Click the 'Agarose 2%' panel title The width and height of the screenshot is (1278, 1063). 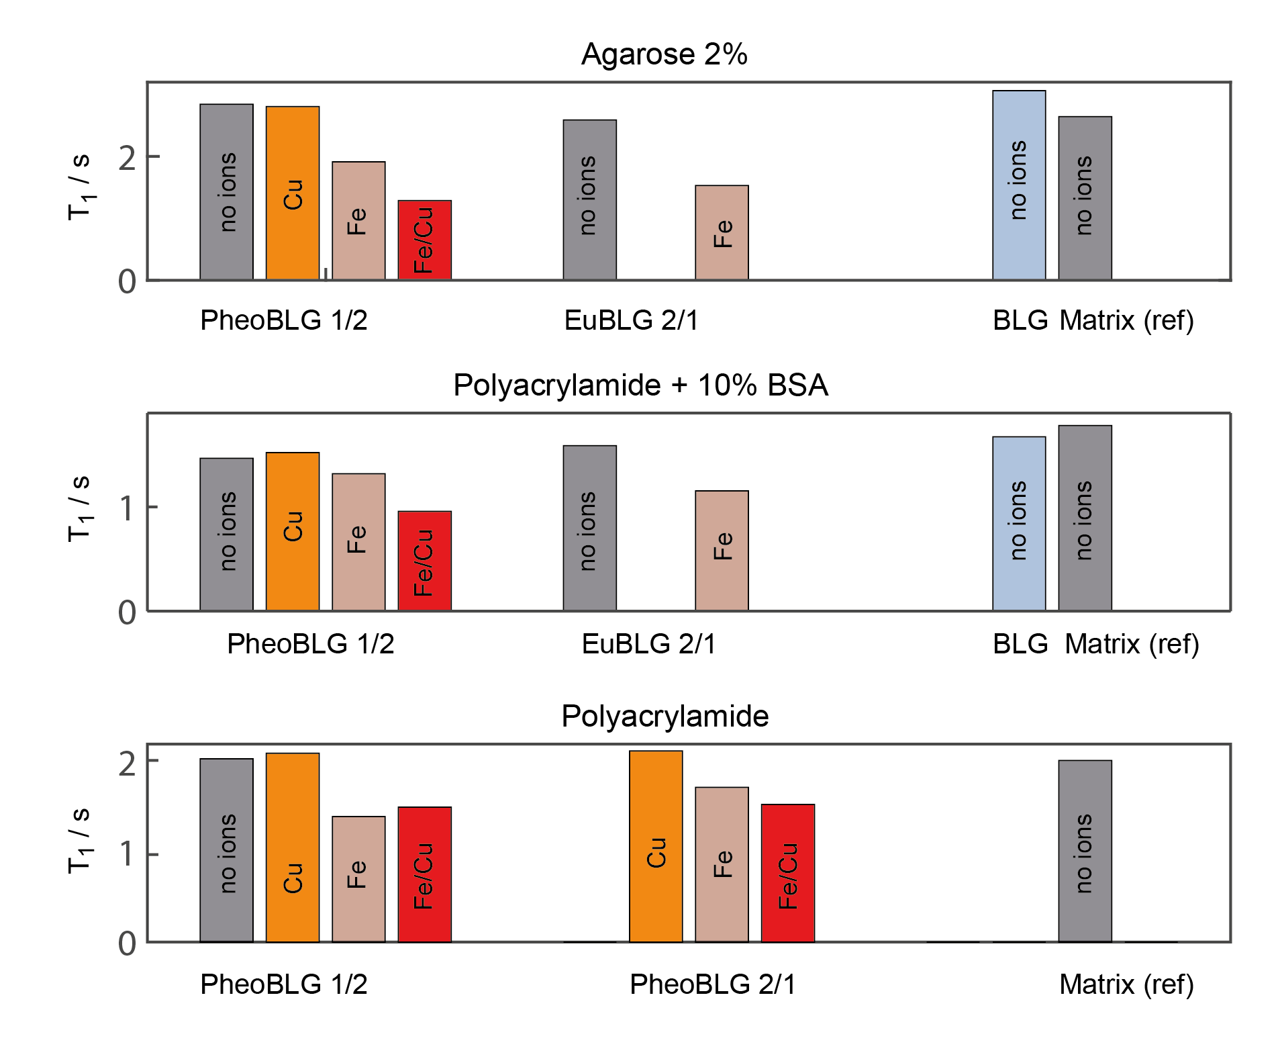[664, 54]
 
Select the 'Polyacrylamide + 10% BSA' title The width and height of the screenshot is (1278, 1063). [640, 385]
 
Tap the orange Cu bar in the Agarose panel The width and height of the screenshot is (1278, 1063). [293, 193]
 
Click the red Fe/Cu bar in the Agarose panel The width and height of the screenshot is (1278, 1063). [424, 240]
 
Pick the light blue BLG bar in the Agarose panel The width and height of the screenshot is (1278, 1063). [1019, 185]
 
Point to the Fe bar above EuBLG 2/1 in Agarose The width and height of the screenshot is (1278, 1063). [722, 232]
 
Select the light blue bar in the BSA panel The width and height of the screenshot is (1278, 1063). [1019, 523]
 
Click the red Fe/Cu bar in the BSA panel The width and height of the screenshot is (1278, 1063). [424, 561]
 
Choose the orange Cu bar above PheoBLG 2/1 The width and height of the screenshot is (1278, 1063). [656, 846]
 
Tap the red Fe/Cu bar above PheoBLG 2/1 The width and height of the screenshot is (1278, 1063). [787, 873]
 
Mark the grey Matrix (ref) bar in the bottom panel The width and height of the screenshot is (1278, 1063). [1085, 851]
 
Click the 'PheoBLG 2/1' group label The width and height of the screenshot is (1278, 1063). [712, 984]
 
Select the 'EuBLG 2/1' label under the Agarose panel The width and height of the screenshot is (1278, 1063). [631, 320]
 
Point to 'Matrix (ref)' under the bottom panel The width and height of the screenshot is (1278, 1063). [1126, 984]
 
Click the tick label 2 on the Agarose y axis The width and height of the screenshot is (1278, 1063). [127, 158]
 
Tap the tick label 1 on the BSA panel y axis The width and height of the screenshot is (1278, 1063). [127, 508]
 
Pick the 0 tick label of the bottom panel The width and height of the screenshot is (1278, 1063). [127, 943]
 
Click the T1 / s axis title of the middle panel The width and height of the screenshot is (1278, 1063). [80, 508]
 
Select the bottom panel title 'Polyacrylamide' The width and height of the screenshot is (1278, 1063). [665, 717]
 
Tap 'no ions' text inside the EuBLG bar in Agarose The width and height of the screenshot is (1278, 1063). [587, 195]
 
